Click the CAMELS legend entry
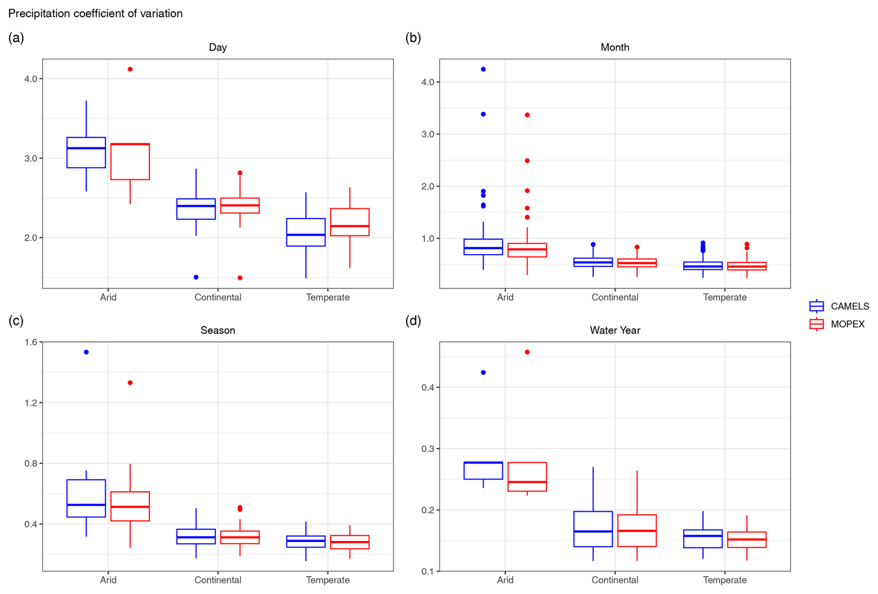coord(839,307)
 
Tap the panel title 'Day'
coord(218,47)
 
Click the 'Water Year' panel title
coord(614,330)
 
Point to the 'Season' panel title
coord(218,330)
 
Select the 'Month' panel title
coord(614,47)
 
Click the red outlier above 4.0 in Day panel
coord(130,69)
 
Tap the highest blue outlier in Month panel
coord(483,69)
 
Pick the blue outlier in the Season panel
coord(86,352)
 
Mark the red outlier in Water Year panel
coord(527,352)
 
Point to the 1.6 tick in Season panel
coord(31,342)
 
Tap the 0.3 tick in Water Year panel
coord(427,449)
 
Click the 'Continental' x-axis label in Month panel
coord(614,297)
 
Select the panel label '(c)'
coord(16,320)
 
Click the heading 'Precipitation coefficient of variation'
coord(96,13)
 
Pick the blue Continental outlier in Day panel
coord(196,277)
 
